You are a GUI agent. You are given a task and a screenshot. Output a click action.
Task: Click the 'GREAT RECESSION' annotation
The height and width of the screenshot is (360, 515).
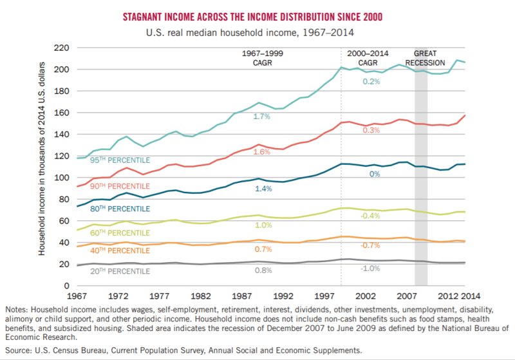pos(430,58)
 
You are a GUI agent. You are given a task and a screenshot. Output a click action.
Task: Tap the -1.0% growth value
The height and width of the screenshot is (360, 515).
pos(369,270)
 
